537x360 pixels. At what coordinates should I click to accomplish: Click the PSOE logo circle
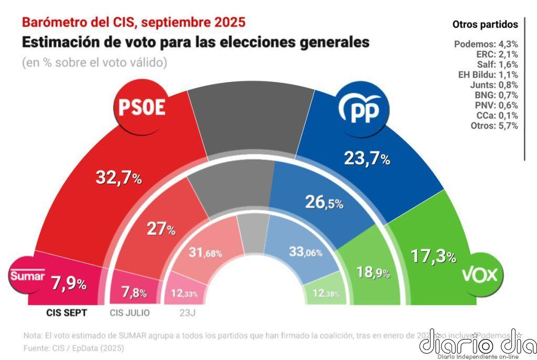coord(140,108)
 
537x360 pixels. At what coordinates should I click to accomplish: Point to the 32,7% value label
coord(119,178)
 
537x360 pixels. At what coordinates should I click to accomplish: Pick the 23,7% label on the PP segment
coord(367,158)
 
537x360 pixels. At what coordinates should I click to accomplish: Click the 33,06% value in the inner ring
coord(305,252)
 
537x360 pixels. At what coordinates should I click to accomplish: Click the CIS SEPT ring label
coord(67,313)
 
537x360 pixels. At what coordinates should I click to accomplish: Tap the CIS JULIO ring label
coord(130,313)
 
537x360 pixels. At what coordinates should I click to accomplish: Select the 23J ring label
coord(184,313)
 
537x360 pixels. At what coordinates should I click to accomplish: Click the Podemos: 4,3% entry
coord(486,44)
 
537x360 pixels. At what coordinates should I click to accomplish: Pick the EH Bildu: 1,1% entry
coord(488,75)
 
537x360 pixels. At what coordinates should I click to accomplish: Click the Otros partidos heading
coord(485,24)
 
